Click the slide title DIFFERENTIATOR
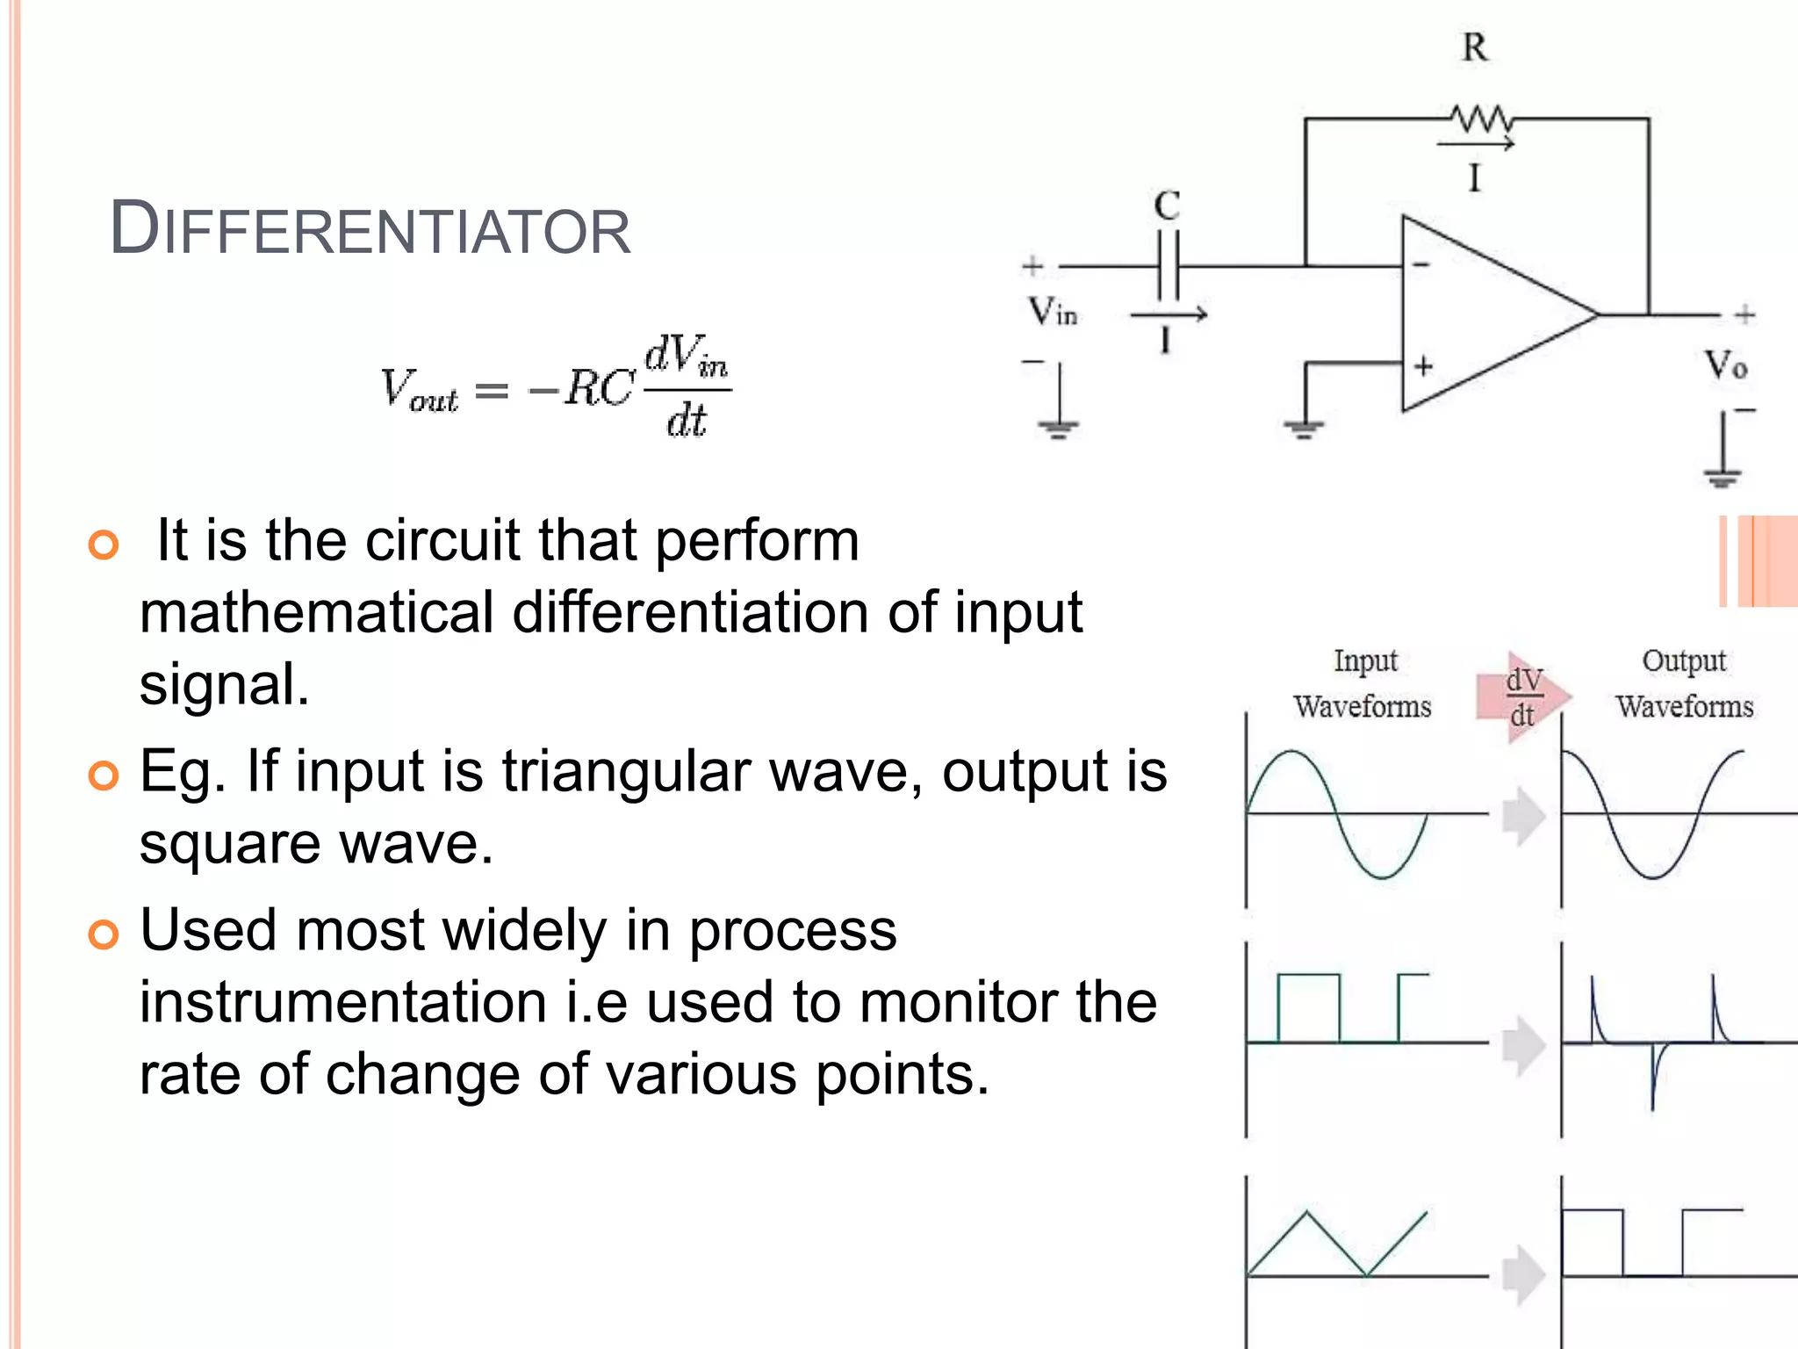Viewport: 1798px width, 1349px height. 370,229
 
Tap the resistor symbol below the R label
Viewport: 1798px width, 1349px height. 1479,118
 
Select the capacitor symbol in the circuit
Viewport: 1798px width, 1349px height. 1168,265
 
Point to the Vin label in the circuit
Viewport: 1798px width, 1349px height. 1052,311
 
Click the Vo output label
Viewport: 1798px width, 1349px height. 1725,364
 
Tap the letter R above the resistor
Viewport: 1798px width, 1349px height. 1475,47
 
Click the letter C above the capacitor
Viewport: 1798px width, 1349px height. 1167,206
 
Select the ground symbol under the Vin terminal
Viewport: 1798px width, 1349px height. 1059,429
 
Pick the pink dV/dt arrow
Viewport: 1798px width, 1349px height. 1523,697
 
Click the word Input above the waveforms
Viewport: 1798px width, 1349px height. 1365,660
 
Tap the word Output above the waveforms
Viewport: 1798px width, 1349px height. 1684,660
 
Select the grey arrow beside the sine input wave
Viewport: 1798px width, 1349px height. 1523,816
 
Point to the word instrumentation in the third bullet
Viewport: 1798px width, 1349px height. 343,1002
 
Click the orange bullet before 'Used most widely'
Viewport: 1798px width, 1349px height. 104,934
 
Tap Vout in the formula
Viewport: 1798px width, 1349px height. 419,390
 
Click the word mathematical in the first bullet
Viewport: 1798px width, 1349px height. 317,612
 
